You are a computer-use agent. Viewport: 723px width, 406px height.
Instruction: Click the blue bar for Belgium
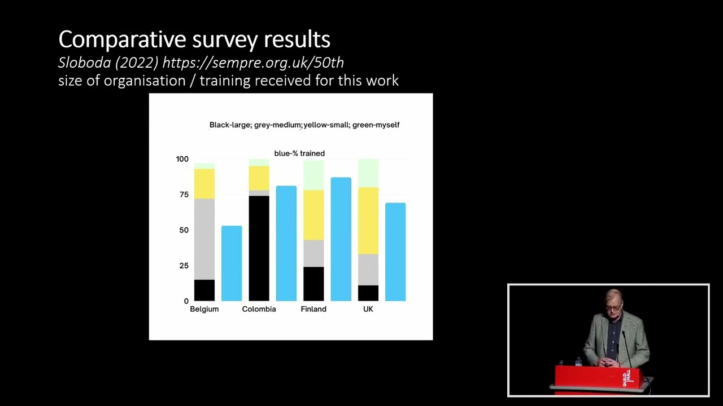[x=232, y=263]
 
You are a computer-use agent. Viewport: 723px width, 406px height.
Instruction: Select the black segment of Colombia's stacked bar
[x=259, y=248]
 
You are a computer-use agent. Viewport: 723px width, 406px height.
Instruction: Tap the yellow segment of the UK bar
[x=368, y=220]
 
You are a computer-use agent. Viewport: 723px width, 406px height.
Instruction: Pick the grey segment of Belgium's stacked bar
[x=204, y=239]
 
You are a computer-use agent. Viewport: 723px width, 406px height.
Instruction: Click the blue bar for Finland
[x=341, y=239]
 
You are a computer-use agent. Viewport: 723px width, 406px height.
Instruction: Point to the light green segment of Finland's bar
[x=313, y=175]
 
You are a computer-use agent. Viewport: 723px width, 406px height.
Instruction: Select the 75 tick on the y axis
[x=184, y=195]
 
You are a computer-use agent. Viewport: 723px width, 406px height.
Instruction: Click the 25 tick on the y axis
[x=184, y=266]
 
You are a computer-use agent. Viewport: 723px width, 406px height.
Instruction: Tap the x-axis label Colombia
[x=259, y=309]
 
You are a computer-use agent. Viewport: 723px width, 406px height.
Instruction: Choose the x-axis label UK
[x=368, y=309]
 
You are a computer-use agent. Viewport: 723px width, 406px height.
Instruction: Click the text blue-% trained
[x=299, y=153]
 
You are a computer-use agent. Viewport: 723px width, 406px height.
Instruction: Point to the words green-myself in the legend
[x=376, y=125]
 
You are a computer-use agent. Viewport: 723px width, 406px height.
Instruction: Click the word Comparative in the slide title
[x=123, y=39]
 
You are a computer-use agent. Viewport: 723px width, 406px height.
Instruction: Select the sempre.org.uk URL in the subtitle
[x=253, y=63]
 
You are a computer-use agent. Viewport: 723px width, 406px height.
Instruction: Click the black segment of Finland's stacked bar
[x=313, y=284]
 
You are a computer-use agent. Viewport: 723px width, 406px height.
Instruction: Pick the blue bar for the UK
[x=395, y=251]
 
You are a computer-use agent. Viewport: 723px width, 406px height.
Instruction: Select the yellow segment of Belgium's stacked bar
[x=204, y=183]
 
